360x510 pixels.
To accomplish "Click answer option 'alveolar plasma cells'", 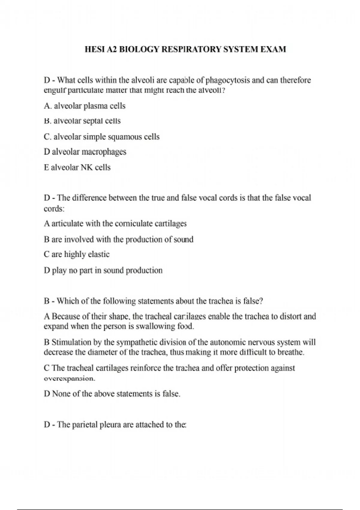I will (x=89, y=106).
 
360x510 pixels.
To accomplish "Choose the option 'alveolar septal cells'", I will (x=87, y=121).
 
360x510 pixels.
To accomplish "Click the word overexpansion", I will (x=69, y=379).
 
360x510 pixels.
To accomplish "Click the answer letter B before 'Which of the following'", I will (x=46, y=301).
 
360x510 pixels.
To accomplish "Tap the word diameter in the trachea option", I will (x=102, y=352).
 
